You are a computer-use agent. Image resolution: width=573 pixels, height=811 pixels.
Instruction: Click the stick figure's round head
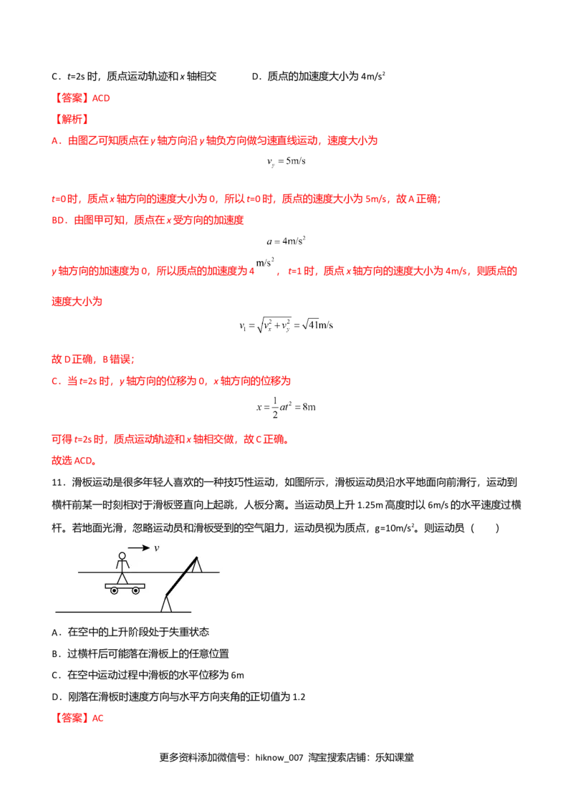(122, 556)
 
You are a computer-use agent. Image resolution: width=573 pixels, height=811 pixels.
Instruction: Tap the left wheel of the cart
(114, 591)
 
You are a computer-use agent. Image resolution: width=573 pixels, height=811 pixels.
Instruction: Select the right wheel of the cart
(135, 591)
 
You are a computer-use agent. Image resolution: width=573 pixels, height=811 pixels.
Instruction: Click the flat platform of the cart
(125, 585)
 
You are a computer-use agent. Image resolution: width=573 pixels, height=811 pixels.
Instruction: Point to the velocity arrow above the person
(138, 548)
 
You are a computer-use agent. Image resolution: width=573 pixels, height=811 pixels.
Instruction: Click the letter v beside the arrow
(156, 548)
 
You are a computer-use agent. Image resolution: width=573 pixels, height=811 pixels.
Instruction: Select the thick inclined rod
(181, 576)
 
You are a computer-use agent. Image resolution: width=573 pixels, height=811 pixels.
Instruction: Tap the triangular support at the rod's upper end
(196, 566)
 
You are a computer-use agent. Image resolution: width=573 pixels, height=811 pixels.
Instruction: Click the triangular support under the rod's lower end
(166, 605)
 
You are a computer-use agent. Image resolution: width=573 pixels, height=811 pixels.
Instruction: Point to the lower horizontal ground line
(107, 612)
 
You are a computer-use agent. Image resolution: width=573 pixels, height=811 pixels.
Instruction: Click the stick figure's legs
(122, 577)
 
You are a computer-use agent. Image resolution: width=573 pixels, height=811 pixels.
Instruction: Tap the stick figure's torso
(122, 566)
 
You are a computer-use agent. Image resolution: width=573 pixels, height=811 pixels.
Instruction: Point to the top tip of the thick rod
(196, 557)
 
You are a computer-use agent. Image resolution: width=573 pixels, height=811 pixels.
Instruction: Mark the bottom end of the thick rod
(167, 595)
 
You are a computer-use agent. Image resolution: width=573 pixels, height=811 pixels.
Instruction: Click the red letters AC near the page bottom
(100, 717)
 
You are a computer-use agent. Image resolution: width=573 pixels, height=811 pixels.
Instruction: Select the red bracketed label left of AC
(72, 718)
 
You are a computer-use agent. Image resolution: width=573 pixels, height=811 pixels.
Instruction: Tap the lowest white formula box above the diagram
(286, 407)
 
